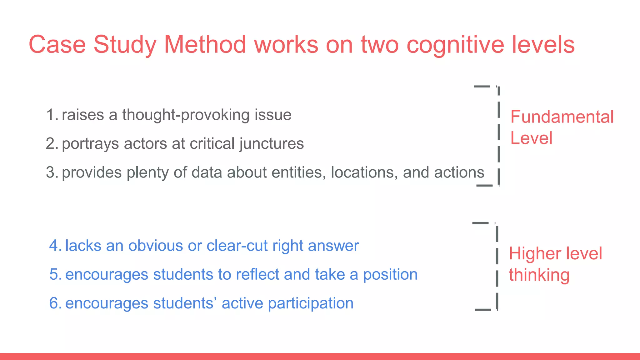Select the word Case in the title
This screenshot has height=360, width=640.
pos(57,44)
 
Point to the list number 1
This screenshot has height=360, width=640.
pos(52,115)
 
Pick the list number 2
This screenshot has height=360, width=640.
pos(52,144)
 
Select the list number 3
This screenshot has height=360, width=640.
pos(52,172)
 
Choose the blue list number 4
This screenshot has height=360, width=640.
pos(55,246)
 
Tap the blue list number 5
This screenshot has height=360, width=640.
pos(55,274)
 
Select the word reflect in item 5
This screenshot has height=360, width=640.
pos(257,274)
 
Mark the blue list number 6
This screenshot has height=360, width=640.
pos(55,303)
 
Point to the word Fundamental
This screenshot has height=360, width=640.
pos(562,117)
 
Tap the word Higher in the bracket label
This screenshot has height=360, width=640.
pos(534,254)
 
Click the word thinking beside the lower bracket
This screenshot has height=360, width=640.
pos(539,275)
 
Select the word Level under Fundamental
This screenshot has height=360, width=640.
pos(531,138)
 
